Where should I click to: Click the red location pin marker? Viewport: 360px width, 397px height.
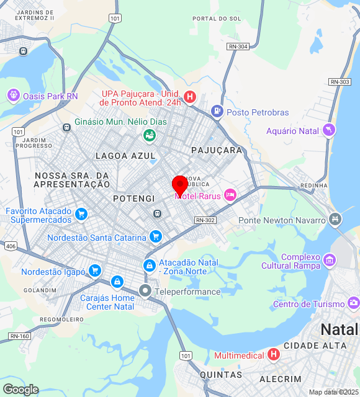[x=180, y=184]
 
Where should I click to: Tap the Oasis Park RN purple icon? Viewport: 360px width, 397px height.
[x=12, y=96]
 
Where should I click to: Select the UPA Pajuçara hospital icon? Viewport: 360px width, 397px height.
[x=190, y=97]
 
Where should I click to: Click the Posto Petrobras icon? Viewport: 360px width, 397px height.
[x=217, y=112]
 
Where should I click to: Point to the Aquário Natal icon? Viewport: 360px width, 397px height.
[x=329, y=130]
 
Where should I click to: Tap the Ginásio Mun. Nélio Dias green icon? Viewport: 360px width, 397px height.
[x=149, y=135]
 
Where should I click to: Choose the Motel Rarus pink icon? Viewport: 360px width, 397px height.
[x=230, y=195]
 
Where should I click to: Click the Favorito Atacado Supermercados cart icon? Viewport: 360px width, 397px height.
[x=81, y=215]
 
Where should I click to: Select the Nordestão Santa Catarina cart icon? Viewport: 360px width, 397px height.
[x=156, y=236]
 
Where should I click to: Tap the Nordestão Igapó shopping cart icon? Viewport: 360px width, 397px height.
[x=94, y=270]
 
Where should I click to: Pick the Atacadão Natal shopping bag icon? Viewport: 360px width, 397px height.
[x=149, y=265]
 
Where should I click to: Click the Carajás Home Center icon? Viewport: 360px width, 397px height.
[x=116, y=282]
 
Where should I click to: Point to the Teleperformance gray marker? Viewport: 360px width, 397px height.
[x=145, y=290]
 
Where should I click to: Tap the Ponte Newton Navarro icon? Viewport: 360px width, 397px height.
[x=336, y=219]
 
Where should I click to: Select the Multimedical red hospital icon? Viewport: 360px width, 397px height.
[x=274, y=355]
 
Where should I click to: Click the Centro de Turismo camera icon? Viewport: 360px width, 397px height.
[x=353, y=303]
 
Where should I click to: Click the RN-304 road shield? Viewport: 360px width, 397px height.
[x=238, y=47]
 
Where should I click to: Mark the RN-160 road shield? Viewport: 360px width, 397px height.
[x=20, y=336]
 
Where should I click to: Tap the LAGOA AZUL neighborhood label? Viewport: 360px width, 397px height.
[x=121, y=155]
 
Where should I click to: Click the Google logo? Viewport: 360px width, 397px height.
[x=20, y=389]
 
